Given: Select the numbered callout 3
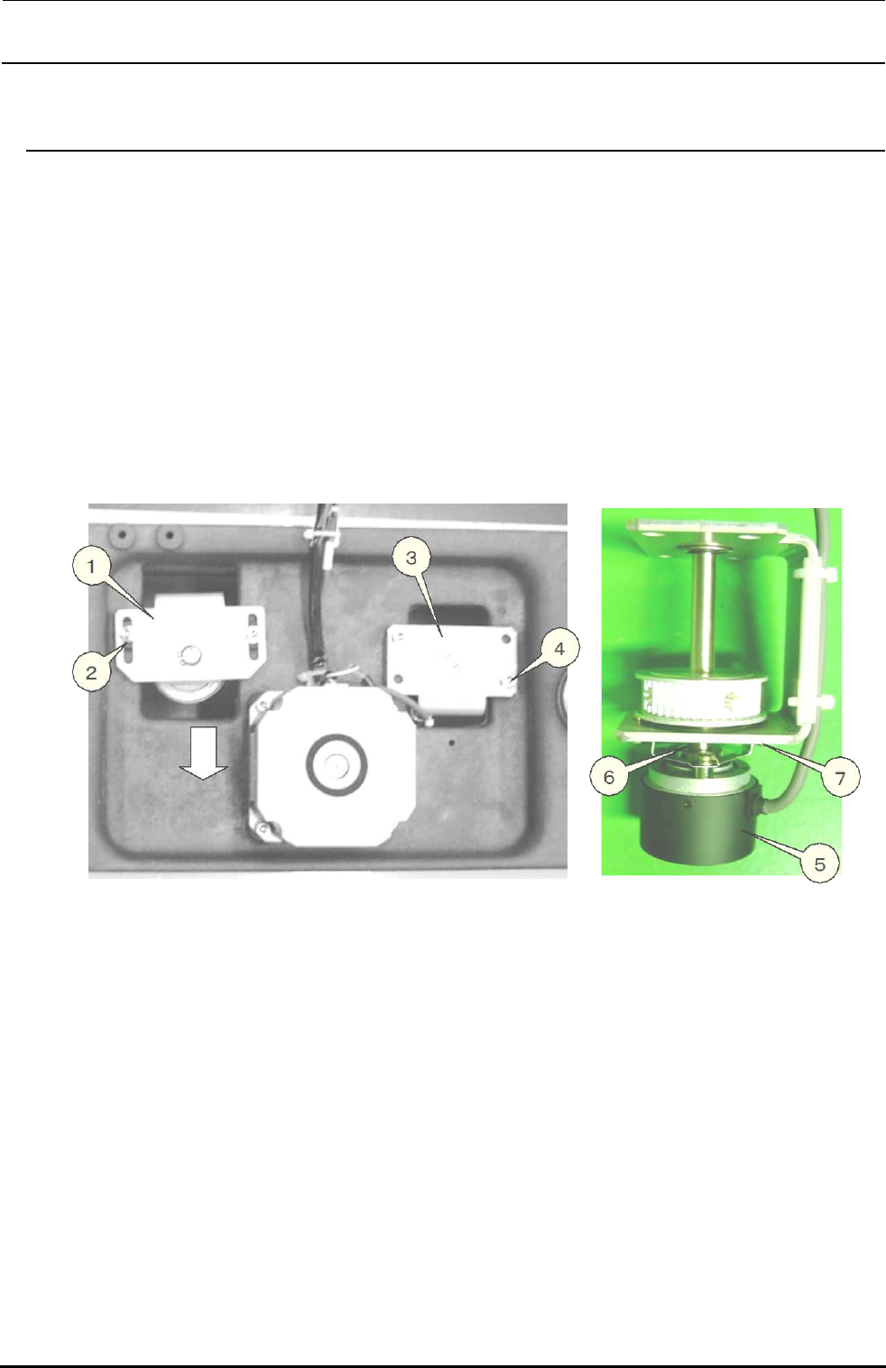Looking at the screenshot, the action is coord(411,558).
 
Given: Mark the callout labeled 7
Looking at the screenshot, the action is coord(840,777).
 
